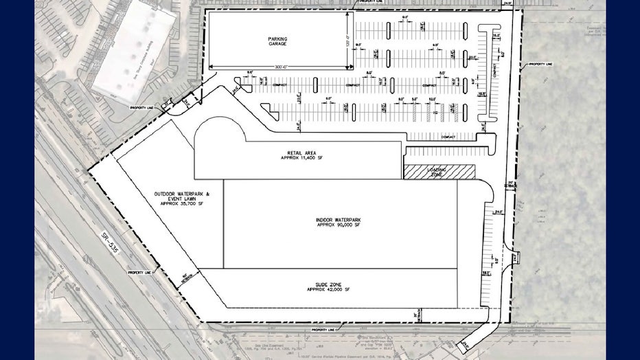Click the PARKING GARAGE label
[x=277, y=41]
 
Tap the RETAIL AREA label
[x=296, y=153]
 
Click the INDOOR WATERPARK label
[x=339, y=220]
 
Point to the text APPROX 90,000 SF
[x=339, y=225]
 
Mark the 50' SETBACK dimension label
[x=186, y=278]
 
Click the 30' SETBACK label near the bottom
[x=415, y=315]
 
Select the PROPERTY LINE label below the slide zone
[x=324, y=330]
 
